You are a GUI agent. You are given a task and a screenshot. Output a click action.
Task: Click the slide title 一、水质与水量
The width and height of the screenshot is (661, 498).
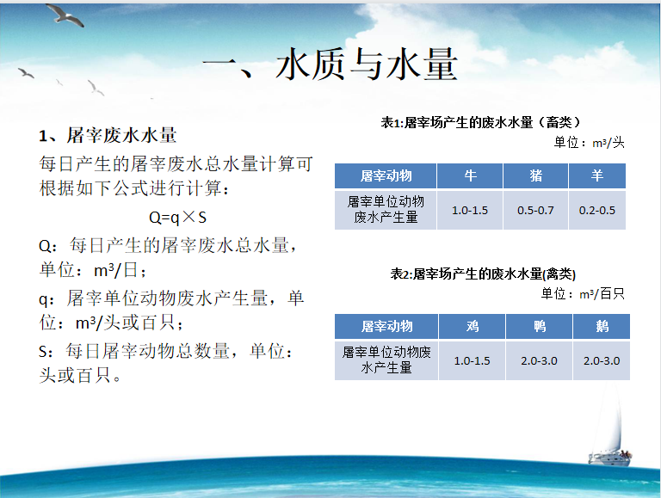330,64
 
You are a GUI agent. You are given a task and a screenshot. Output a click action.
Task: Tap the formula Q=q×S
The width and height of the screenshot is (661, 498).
177,218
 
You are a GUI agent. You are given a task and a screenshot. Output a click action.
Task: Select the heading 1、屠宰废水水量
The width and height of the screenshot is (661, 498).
108,135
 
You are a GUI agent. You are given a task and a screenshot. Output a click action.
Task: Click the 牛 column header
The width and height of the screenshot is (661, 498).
470,175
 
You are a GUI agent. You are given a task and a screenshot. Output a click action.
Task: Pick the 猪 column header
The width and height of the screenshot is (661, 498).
536,175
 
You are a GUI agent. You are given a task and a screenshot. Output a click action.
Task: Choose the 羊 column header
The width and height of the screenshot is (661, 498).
597,175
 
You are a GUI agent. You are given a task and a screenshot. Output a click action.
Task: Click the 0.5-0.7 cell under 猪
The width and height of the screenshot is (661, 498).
536,210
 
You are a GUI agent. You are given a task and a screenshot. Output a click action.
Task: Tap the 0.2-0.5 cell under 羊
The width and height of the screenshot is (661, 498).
597,210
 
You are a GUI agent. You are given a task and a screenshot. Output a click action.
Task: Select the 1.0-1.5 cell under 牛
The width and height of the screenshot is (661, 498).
470,210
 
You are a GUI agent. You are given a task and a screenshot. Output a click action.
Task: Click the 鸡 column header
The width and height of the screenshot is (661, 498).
473,326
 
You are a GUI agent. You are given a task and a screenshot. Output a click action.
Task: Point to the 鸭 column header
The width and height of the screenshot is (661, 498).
539,326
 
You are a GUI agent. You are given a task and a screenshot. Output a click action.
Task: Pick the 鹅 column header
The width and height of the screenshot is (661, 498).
602,326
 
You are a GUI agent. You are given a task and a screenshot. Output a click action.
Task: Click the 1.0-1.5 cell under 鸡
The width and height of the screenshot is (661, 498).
473,360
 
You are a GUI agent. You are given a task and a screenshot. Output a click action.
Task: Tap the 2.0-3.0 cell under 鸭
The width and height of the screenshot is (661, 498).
539,360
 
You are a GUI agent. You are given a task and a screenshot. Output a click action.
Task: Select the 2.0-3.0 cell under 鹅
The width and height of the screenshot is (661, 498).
602,360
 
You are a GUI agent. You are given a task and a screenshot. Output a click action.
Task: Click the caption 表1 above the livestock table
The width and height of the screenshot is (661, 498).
480,123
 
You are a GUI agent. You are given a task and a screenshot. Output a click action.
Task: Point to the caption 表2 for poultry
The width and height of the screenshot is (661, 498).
483,274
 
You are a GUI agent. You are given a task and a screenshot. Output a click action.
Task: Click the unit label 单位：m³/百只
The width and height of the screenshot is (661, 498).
583,293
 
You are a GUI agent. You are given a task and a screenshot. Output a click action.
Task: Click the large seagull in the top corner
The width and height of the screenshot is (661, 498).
65,15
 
